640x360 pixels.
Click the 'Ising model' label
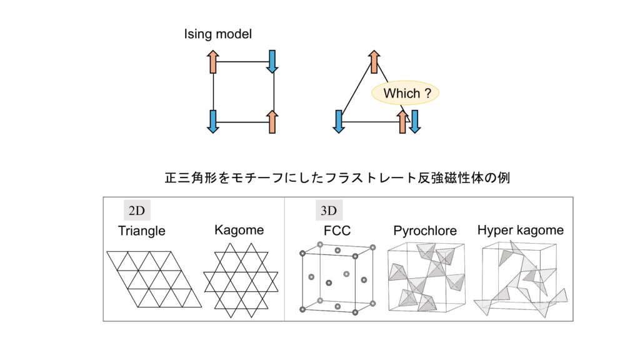coord(217,34)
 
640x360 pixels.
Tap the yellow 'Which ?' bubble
coord(406,94)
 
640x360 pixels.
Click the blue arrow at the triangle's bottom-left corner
coord(339,121)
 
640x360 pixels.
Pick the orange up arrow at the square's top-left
coord(213,62)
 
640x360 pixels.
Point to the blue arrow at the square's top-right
coord(272,61)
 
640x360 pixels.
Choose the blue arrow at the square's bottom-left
coord(213,121)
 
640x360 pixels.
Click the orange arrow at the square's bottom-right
coord(272,121)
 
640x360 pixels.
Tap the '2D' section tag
coord(136,210)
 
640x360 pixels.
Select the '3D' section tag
coord(326,210)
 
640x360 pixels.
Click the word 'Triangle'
coord(142,231)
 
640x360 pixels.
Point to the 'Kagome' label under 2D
coord(239,230)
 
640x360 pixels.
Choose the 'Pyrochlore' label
coord(425,231)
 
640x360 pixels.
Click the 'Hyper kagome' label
coord(520,230)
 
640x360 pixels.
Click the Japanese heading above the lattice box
coord(337,178)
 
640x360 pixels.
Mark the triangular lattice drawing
coord(154,279)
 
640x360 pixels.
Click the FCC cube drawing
coord(338,280)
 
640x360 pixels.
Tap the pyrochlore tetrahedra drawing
coord(427,277)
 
